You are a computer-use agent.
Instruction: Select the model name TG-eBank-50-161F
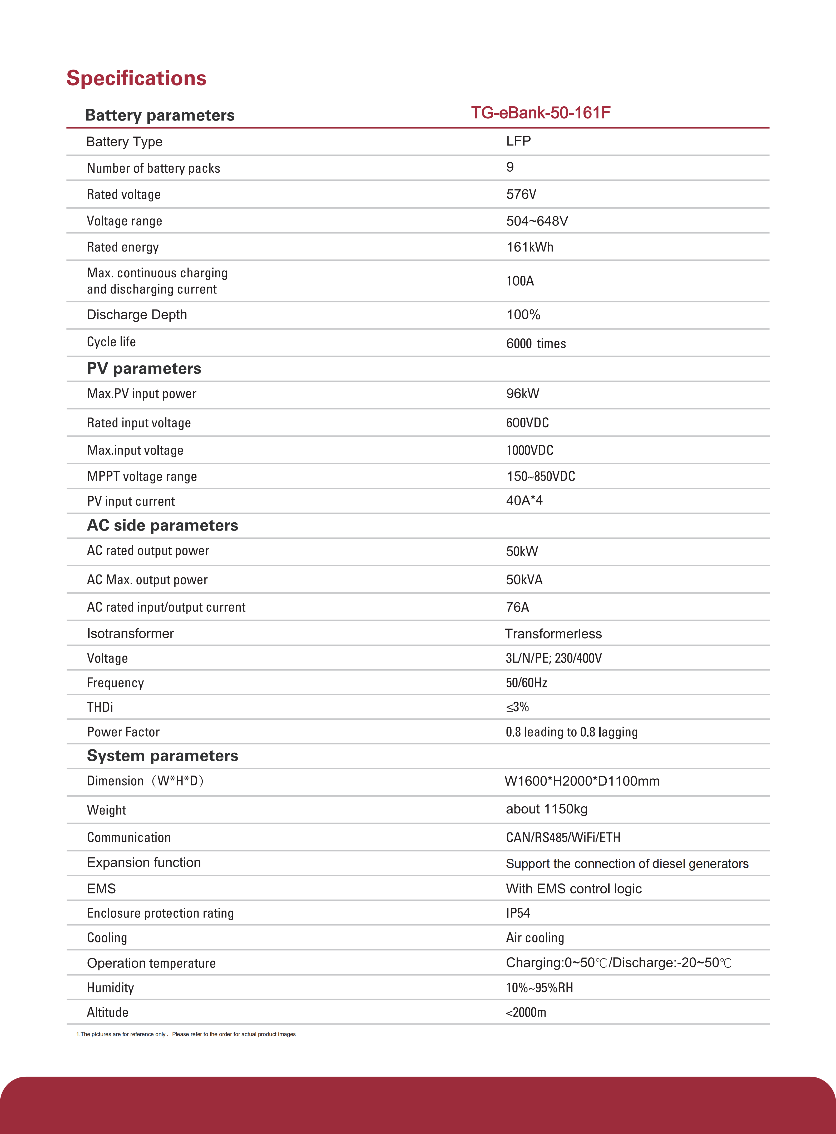[x=541, y=113]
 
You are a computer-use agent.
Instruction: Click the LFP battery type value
[x=518, y=141]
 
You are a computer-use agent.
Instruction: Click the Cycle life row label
[x=111, y=342]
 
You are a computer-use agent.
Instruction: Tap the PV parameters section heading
[x=144, y=368]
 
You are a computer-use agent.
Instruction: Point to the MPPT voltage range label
[x=142, y=476]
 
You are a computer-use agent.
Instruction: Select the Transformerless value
[x=553, y=634]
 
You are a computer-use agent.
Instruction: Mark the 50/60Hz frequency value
[x=526, y=683]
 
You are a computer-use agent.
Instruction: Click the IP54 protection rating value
[x=518, y=913]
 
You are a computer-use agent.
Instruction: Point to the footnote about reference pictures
[x=186, y=1034]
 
